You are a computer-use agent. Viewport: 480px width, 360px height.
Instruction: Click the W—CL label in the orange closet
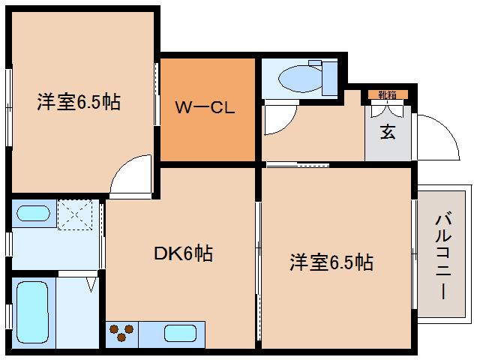point(205,107)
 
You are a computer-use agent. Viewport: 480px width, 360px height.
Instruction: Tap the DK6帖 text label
point(183,253)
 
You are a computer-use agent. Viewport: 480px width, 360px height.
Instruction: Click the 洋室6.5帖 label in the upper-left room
point(79,103)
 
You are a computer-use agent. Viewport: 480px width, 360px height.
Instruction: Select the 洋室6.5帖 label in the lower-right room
point(332,262)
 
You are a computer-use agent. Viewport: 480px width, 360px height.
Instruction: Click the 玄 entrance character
point(388,132)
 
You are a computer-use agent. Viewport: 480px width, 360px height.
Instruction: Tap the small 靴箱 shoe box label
point(388,94)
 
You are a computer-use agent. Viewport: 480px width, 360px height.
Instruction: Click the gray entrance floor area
point(388,139)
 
